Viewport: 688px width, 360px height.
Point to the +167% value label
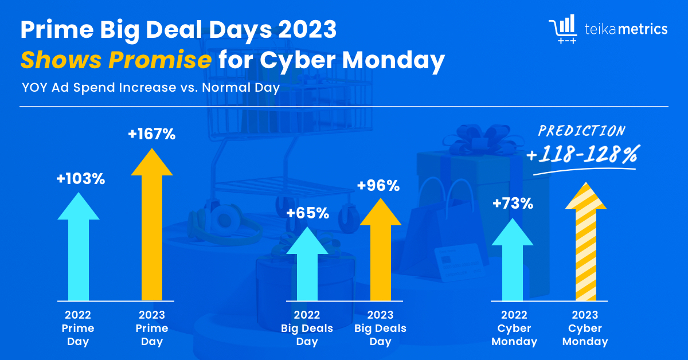pyautogui.click(x=152, y=135)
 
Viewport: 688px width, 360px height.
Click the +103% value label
pyautogui.click(x=80, y=179)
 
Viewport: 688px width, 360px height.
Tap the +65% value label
pyautogui.click(x=308, y=213)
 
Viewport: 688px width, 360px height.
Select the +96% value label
pyautogui.click(x=378, y=186)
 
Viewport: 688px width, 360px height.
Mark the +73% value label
pyautogui.click(x=513, y=203)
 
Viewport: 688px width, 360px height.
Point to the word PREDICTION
pyautogui.click(x=581, y=131)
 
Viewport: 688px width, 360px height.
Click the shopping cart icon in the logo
pyautogui.click(x=563, y=29)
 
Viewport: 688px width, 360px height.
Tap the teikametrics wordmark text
pyautogui.click(x=626, y=29)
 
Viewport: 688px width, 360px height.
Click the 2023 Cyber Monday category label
pyautogui.click(x=585, y=328)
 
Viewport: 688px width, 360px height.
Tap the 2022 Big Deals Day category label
pyautogui.click(x=307, y=328)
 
